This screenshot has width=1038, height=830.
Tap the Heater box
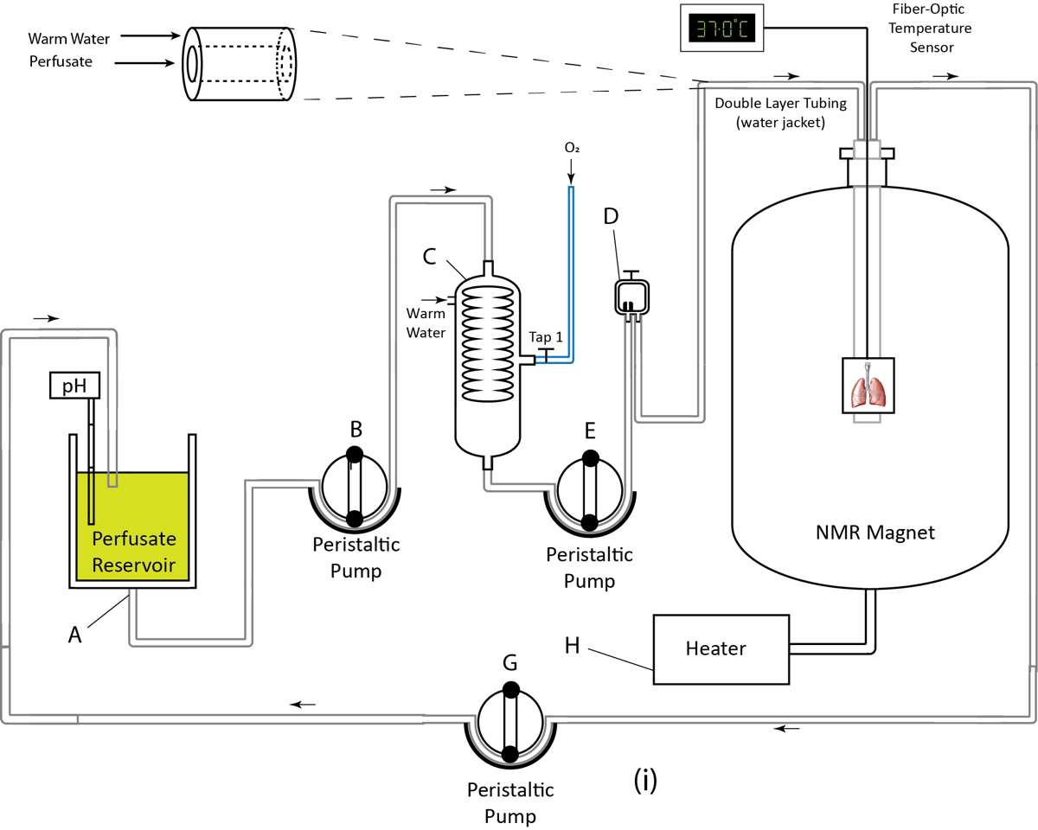[x=721, y=648]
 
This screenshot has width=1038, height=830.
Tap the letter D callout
[x=612, y=216]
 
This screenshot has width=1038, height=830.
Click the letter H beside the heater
[x=573, y=645]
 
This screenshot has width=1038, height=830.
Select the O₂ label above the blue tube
[x=572, y=149]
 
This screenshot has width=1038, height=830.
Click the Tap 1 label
[x=546, y=337]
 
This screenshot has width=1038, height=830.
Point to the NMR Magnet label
[x=868, y=533]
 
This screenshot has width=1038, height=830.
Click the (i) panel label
[x=645, y=781]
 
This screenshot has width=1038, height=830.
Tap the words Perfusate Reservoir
[x=134, y=553]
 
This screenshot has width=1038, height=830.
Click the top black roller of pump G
[x=510, y=690]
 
